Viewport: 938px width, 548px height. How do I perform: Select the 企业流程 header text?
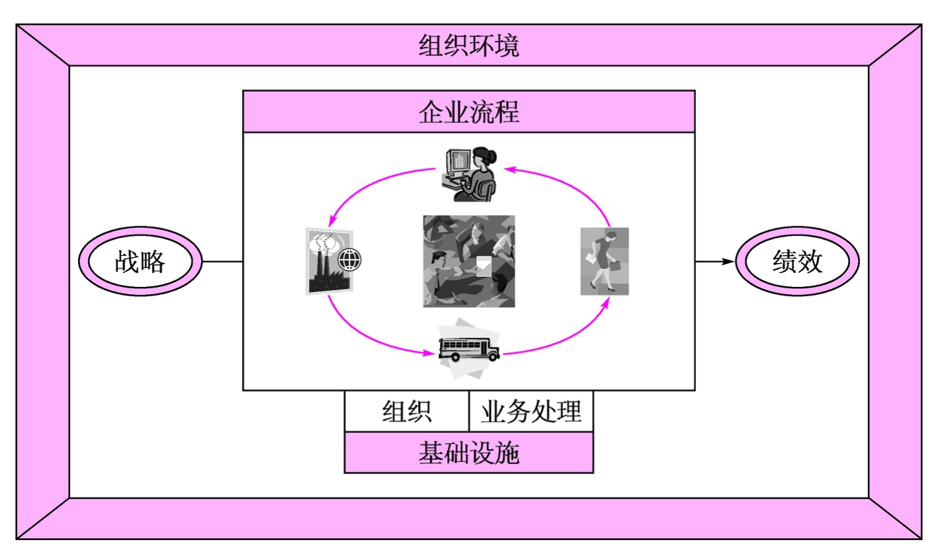(469, 112)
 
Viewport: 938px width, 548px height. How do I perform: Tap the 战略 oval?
(140, 262)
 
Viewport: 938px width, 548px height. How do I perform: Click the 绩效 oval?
(797, 262)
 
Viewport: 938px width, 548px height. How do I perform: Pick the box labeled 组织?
(407, 411)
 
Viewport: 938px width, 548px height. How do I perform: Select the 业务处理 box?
(531, 411)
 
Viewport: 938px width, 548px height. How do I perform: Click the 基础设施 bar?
(469, 453)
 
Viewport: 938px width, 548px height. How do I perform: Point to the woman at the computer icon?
(469, 173)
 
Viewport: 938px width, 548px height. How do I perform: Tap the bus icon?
(468, 348)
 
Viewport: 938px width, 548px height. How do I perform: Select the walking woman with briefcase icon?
(604, 261)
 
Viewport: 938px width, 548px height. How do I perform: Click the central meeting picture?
(469, 261)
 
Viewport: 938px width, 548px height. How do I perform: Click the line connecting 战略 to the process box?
(222, 262)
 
